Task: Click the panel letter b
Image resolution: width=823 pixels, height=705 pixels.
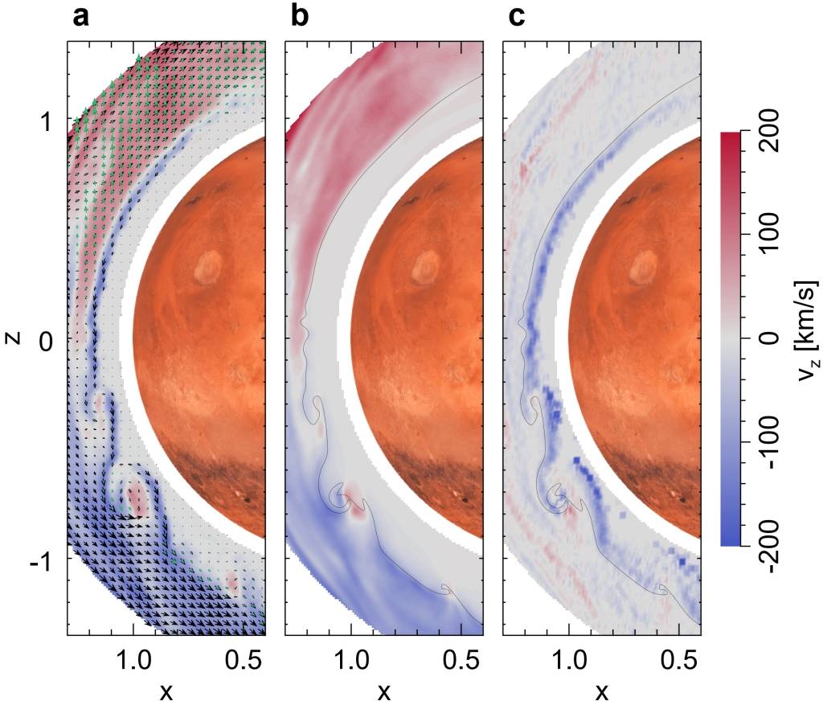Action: pyautogui.click(x=300, y=16)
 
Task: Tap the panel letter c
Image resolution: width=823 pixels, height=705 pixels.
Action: pyautogui.click(x=518, y=16)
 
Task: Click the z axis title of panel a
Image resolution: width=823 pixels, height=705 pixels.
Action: pyautogui.click(x=12, y=338)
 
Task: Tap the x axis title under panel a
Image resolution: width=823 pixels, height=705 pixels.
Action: pyautogui.click(x=166, y=690)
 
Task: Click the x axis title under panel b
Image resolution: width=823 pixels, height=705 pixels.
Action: pyautogui.click(x=384, y=690)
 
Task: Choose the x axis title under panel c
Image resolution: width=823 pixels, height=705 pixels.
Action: pyautogui.click(x=601, y=690)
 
